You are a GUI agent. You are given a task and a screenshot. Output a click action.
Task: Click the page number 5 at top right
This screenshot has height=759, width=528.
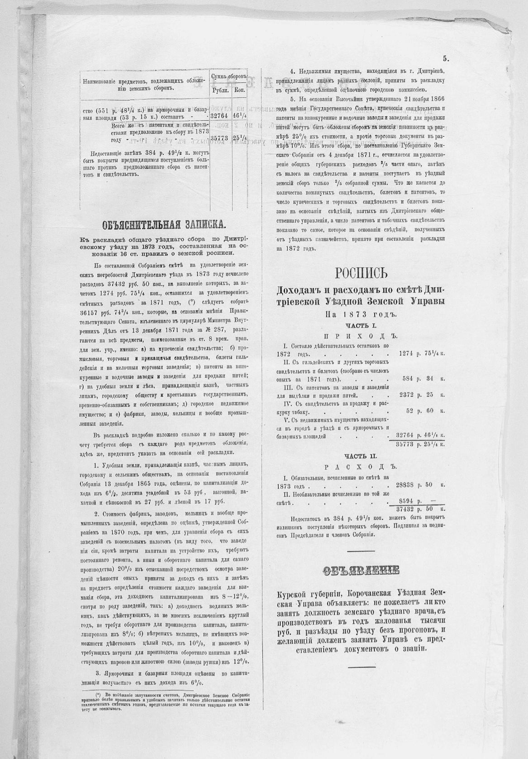click(x=445, y=59)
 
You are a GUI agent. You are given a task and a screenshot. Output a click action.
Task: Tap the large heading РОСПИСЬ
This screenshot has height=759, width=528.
click(x=362, y=274)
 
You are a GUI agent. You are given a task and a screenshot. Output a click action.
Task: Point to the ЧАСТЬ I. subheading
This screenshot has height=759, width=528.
click(x=361, y=325)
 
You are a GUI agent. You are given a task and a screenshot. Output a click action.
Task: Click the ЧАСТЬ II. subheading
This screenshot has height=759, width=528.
click(x=361, y=456)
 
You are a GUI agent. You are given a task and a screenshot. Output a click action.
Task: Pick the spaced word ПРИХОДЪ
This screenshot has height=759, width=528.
click(x=361, y=336)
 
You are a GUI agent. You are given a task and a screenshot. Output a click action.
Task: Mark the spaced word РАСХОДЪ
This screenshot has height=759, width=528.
click(x=361, y=466)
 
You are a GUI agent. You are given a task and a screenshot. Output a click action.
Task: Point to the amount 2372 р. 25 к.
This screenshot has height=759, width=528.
click(x=422, y=395)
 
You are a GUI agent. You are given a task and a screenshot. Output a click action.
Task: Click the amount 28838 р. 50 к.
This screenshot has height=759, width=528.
click(x=420, y=485)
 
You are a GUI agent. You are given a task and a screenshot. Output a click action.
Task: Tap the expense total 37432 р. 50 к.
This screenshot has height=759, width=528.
click(x=420, y=509)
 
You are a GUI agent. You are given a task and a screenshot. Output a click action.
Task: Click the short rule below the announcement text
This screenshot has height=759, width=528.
click(x=362, y=667)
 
